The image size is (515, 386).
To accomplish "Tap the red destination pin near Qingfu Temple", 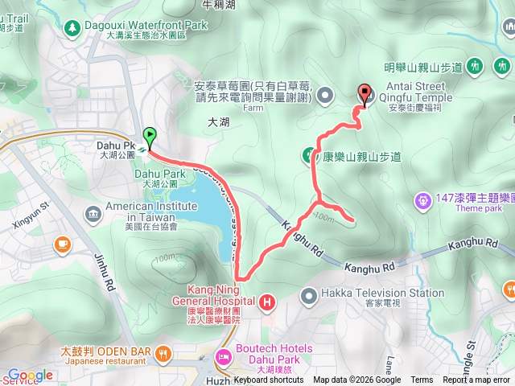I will (364, 95).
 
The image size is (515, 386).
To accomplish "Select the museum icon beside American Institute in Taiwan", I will (93, 213).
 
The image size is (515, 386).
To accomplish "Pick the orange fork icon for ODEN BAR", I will (163, 352).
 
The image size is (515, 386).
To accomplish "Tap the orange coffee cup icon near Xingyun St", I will (63, 243).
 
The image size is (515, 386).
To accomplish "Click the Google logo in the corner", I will (30, 375).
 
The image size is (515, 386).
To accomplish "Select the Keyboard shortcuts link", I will (270, 380).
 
